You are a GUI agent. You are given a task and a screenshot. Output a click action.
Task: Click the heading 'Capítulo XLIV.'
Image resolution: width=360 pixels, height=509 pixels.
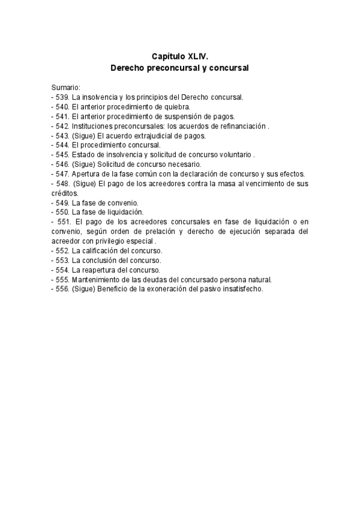tap(179, 56)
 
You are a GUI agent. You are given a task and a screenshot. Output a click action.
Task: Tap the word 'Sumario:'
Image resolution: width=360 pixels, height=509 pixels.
tap(66, 88)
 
